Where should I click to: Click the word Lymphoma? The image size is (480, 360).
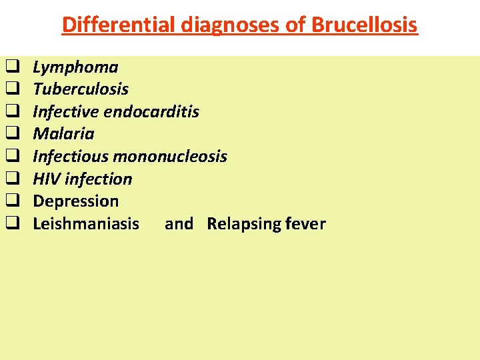coord(75,67)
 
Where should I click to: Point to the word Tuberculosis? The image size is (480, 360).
coord(81,89)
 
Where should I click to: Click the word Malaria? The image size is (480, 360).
coord(63,134)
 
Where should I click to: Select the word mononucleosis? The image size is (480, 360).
coord(170,157)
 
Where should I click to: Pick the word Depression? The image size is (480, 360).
coord(75,201)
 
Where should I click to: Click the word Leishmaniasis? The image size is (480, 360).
coord(86,223)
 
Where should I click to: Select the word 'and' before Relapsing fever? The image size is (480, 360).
coord(179,223)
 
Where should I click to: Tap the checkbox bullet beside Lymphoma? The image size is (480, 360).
coord(11,67)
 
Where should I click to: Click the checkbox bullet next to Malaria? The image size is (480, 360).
coord(11,134)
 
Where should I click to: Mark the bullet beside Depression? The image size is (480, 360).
coord(11,201)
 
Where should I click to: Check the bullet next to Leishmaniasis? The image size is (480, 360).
coord(11,223)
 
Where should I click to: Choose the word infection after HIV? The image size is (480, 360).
coord(98,179)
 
